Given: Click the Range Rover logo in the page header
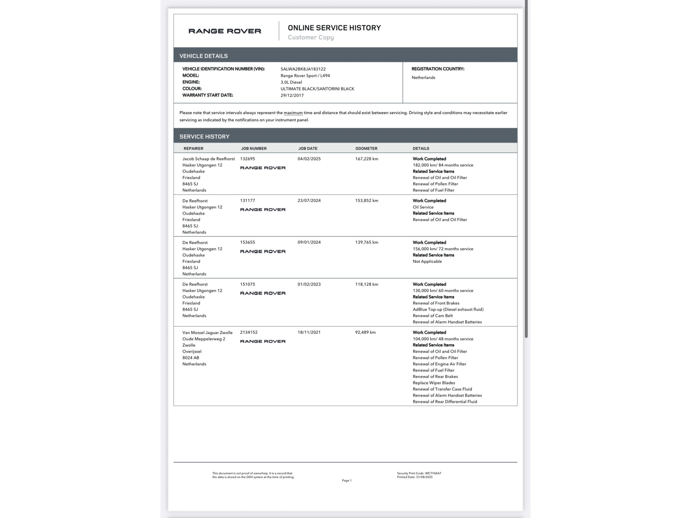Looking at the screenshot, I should pyautogui.click(x=225, y=31).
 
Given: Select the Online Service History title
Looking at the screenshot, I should pyautogui.click(x=334, y=28).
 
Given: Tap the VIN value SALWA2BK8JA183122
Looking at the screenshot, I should pyautogui.click(x=303, y=69).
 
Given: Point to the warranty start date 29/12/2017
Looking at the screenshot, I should pyautogui.click(x=292, y=95).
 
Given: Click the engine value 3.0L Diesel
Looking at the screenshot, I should pyautogui.click(x=291, y=82).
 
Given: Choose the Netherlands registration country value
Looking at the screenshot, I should pyautogui.click(x=423, y=77).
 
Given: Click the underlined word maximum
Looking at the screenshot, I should pyautogui.click(x=293, y=113).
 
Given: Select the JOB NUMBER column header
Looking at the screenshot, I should pyautogui.click(x=253, y=148).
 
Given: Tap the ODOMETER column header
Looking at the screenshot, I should pyautogui.click(x=366, y=148).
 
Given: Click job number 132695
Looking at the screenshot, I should pyautogui.click(x=247, y=159).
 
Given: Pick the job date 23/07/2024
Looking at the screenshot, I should pyautogui.click(x=309, y=200).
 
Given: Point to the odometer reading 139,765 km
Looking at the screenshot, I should pyautogui.click(x=366, y=242).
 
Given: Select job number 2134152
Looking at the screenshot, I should pyautogui.click(x=249, y=332).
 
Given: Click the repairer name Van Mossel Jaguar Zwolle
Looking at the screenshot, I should pyautogui.click(x=207, y=332).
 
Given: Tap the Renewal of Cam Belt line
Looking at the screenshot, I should pyautogui.click(x=433, y=315).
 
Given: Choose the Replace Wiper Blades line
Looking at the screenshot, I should pyautogui.click(x=434, y=383).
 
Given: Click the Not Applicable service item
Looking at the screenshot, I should pyautogui.click(x=427, y=261).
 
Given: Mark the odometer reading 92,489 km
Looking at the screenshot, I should pyautogui.click(x=365, y=332).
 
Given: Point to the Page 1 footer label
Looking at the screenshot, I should pyautogui.click(x=347, y=480).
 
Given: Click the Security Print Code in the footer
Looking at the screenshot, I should pyautogui.click(x=419, y=473).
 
